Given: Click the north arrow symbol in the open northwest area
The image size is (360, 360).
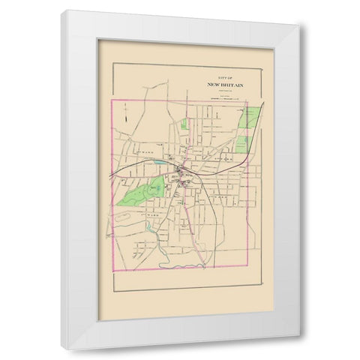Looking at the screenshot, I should (x=127, y=116).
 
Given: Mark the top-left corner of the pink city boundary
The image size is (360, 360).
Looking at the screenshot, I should (x=111, y=99).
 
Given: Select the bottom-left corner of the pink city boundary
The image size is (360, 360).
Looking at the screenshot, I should (x=111, y=267).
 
